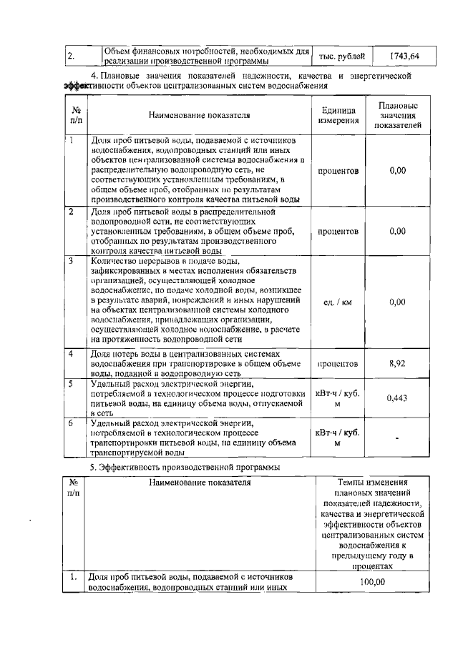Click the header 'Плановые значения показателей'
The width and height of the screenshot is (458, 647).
(x=397, y=115)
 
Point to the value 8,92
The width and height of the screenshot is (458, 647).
(x=397, y=363)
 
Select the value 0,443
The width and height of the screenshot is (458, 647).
(x=397, y=398)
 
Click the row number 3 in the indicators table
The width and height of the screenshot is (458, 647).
(x=71, y=261)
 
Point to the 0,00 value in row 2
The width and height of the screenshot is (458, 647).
(x=397, y=231)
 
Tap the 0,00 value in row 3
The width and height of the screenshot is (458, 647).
(x=397, y=302)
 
